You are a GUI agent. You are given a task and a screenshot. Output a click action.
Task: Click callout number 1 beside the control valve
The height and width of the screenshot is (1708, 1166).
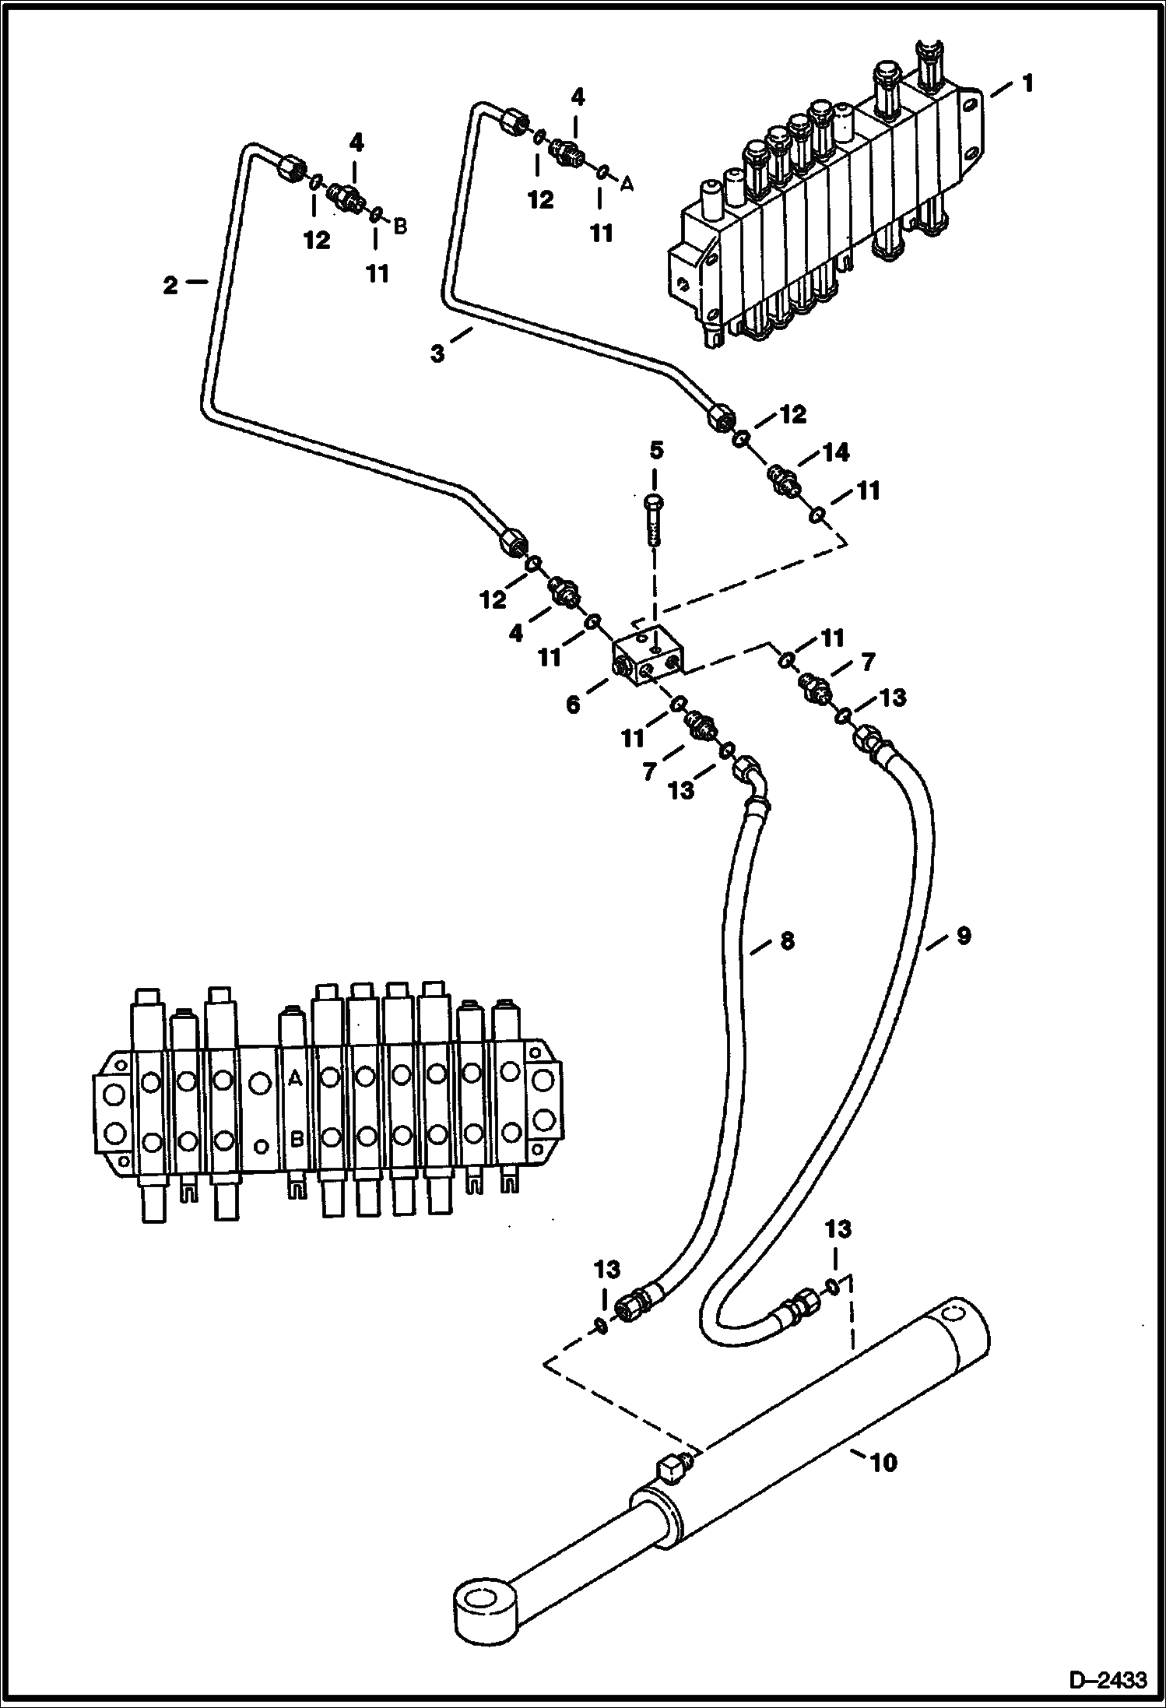point(1027,83)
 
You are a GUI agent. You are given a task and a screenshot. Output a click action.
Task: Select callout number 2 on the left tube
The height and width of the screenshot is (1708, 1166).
point(170,286)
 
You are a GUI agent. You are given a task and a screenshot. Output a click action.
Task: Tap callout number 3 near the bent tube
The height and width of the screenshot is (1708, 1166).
point(438,354)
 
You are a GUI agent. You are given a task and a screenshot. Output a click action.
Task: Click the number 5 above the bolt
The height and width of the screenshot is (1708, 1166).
point(657,450)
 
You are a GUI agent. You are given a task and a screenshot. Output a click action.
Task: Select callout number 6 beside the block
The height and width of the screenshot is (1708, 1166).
point(573,705)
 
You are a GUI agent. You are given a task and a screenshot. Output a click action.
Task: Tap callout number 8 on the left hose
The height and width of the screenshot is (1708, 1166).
point(787,940)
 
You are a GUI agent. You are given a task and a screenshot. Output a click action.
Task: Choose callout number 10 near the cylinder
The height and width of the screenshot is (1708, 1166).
point(883,1462)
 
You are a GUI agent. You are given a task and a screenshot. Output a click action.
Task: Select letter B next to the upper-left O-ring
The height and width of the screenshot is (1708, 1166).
point(399,227)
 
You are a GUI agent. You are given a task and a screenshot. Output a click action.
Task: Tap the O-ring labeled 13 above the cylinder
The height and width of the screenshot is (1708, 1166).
point(832,1286)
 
